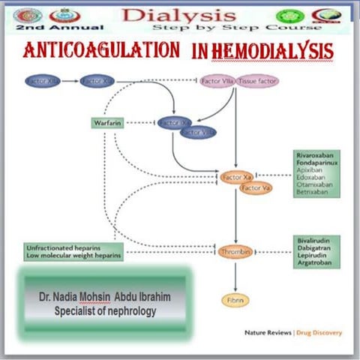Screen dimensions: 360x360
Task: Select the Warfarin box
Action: [107, 122]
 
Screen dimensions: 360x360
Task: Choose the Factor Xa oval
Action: [234, 176]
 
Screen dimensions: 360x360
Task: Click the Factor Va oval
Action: [254, 188]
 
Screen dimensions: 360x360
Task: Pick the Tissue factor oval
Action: [258, 80]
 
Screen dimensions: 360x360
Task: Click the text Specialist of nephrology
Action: [104, 310]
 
